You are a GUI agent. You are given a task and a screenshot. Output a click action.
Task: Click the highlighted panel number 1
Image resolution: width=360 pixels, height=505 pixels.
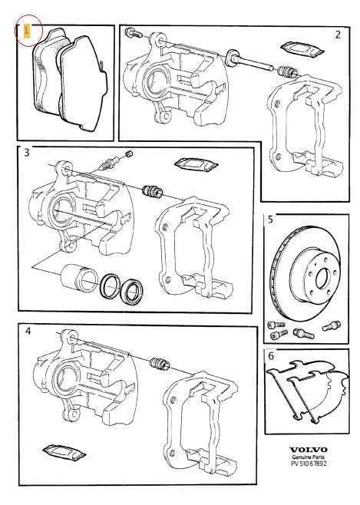[27, 31]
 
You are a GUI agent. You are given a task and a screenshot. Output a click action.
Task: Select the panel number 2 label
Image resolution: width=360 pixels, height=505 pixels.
[338, 35]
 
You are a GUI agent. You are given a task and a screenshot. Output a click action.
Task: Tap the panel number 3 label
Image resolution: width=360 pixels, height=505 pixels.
[27, 152]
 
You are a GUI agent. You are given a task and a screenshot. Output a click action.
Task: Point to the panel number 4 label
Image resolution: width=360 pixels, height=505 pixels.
[28, 331]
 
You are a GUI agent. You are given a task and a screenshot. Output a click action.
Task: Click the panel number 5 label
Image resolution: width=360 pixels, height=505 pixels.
[270, 219]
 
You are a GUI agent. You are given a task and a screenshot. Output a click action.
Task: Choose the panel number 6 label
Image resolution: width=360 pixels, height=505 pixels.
[271, 356]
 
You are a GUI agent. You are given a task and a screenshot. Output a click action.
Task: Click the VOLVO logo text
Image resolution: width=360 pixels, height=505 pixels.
[308, 450]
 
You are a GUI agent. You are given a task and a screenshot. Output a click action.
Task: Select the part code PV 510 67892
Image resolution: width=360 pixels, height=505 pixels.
[309, 464]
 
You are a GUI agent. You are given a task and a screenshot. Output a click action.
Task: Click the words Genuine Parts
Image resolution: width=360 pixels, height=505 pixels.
[308, 457]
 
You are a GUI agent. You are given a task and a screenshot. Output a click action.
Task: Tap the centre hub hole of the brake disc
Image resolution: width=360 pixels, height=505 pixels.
[322, 278]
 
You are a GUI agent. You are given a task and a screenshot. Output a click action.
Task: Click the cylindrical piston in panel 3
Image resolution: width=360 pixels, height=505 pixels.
[78, 278]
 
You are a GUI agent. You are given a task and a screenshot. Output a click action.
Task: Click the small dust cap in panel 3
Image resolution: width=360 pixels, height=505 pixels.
[129, 154]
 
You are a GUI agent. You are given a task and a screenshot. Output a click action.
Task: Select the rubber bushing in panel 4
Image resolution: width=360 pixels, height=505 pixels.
[160, 363]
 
